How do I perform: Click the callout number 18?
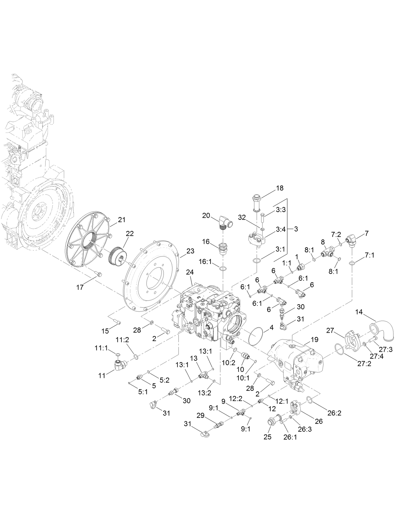click(x=280, y=188)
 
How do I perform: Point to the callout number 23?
click(x=190, y=251)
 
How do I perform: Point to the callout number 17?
click(x=80, y=287)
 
